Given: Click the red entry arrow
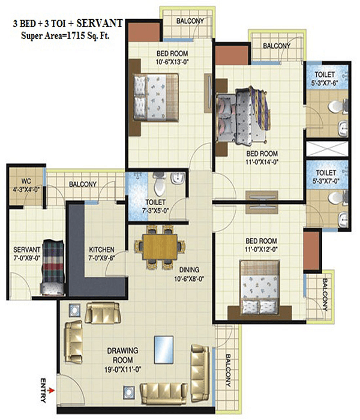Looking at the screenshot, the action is coord(51,390).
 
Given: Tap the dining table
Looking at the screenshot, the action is coord(160,247).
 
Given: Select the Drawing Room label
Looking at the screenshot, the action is coord(122,355).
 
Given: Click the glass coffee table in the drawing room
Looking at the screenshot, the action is coord(164,350).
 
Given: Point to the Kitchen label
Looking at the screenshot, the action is coord(101,250).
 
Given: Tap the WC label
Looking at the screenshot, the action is coord(26,181).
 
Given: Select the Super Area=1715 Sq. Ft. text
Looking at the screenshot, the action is coord(65,36).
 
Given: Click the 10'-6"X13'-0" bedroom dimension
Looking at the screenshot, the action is coord(172,62).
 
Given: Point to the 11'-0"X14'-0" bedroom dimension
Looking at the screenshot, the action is coord(262,163).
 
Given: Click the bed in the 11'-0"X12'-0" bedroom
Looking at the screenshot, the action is coord(260,287).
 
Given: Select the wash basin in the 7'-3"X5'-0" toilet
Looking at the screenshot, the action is coord(178,178).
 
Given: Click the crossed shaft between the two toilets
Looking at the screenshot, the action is coord(328,149).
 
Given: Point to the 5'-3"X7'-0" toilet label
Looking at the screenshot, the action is coord(326,176).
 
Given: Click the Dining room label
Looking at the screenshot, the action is coord(189,269).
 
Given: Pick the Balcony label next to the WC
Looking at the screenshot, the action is coord(83,184).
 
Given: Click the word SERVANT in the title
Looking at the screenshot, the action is coord(100,23).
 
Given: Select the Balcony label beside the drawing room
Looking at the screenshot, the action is coord(227,370).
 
